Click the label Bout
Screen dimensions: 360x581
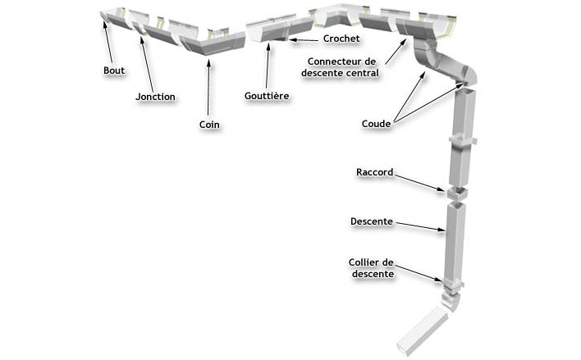(x=114, y=71)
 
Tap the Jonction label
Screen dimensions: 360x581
(x=155, y=97)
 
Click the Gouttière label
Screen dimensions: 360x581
(x=268, y=95)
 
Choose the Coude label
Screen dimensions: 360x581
(x=376, y=124)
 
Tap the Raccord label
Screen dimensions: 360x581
(x=375, y=173)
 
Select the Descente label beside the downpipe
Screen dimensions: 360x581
(x=371, y=221)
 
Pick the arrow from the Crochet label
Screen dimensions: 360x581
(x=304, y=39)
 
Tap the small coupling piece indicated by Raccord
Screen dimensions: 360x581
(x=455, y=194)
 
